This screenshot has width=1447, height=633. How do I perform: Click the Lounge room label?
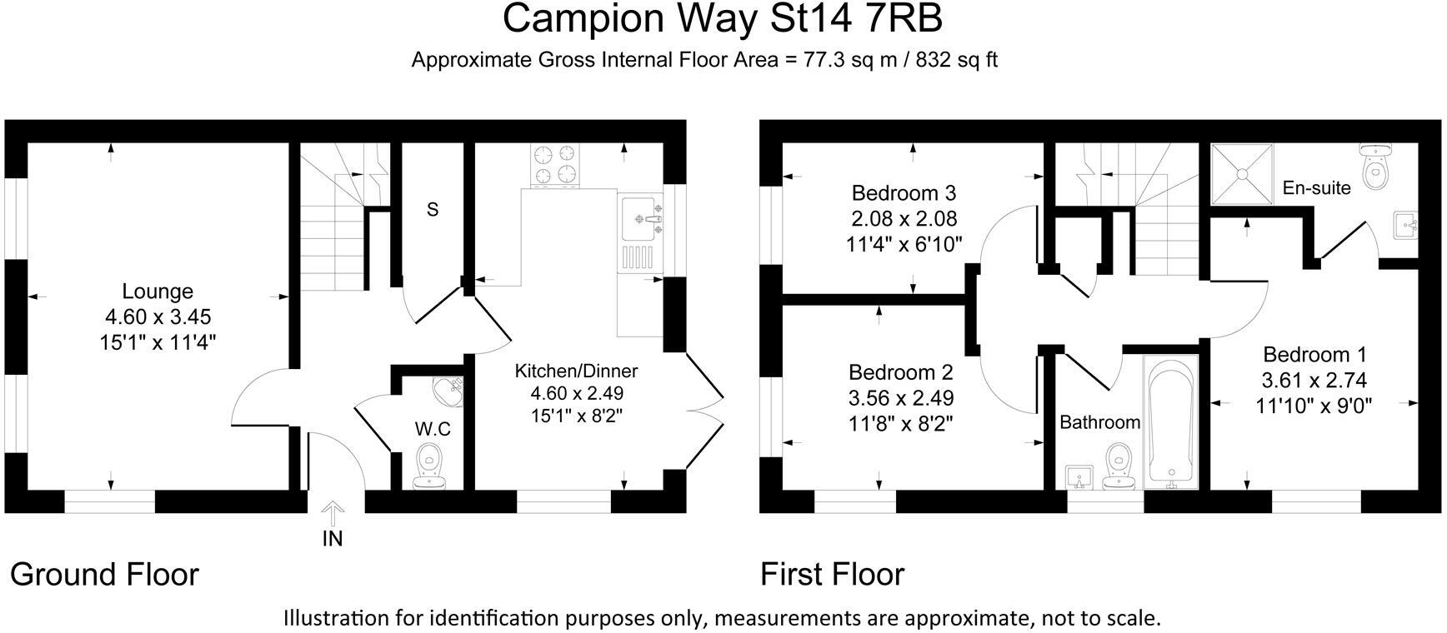click(x=158, y=292)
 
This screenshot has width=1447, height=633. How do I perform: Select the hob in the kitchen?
click(x=555, y=164)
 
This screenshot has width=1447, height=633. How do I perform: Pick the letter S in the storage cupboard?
click(x=432, y=210)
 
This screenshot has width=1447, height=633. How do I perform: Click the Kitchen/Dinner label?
click(x=576, y=371)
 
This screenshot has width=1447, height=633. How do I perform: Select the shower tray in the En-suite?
click(x=1242, y=174)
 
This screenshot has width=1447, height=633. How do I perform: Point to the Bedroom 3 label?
click(x=904, y=193)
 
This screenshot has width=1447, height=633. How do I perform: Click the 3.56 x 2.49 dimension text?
click(x=901, y=398)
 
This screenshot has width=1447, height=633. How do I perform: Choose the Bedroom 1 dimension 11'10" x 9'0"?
click(x=1314, y=406)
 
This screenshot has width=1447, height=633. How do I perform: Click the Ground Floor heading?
click(x=104, y=575)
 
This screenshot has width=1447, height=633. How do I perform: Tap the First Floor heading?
click(x=832, y=575)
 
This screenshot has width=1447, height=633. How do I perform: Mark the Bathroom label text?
click(x=1099, y=422)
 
